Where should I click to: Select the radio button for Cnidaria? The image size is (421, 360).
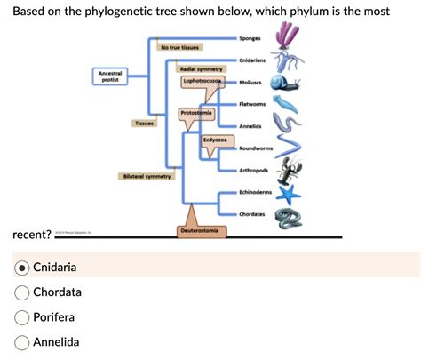(x=21, y=267)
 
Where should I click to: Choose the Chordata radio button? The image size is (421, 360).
(x=21, y=292)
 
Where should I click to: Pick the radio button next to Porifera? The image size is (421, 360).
(x=21, y=317)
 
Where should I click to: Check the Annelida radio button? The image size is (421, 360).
(x=21, y=342)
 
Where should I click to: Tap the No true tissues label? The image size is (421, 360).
(x=179, y=46)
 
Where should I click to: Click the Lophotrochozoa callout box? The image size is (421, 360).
(x=203, y=81)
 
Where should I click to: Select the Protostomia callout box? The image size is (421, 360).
(x=195, y=114)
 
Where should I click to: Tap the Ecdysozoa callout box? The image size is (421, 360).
(x=215, y=140)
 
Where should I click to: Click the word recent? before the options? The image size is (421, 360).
(x=30, y=236)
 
